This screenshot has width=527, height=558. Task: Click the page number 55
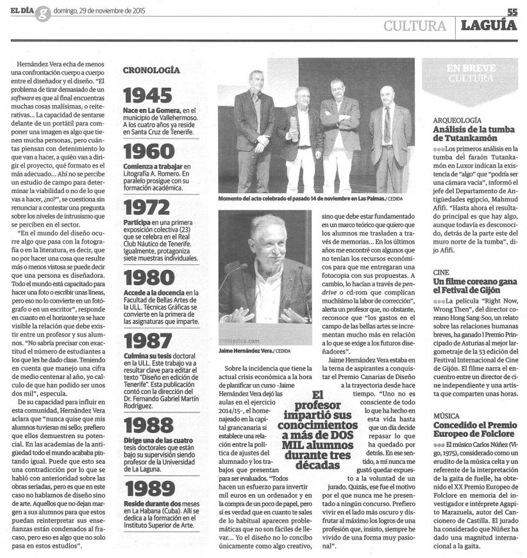(x=512, y=12)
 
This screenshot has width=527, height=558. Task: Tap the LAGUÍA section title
(x=490, y=26)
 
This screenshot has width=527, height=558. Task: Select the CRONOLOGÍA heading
(x=151, y=71)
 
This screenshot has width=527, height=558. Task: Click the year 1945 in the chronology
(x=147, y=95)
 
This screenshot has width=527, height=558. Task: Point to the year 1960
(x=149, y=152)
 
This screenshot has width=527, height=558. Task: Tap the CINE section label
(x=441, y=272)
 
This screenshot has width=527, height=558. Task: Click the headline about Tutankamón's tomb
(x=474, y=133)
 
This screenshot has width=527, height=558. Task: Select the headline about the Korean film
(x=473, y=285)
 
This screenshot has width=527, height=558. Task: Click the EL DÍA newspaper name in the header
(x=17, y=11)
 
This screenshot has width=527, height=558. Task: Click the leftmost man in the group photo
(x=255, y=131)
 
